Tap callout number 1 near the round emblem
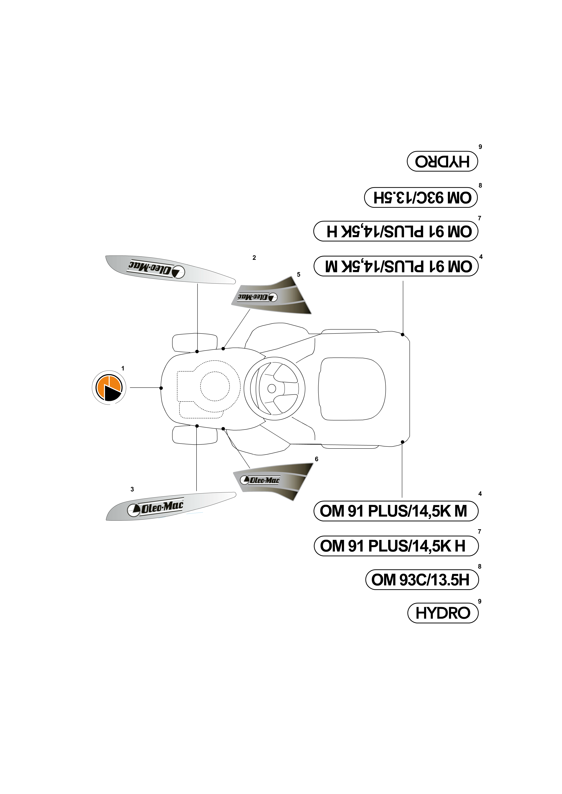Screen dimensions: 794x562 123,368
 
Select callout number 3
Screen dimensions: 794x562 132,489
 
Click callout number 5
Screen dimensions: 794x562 299,274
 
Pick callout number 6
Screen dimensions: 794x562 316,459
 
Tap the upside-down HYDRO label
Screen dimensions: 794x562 442,161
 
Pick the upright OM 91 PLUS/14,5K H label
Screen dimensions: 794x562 396,546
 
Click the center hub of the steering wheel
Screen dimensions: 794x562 272,388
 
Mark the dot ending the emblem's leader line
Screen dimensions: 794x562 161,388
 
